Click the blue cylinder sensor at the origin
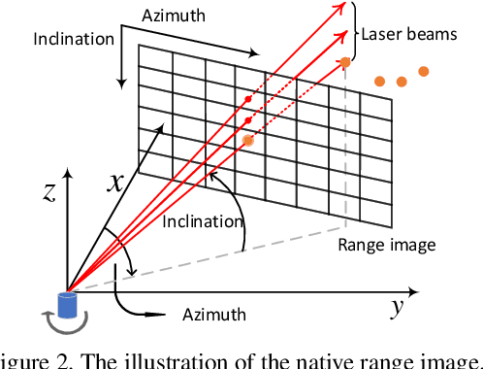coord(67,304)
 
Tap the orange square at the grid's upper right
coord(344,63)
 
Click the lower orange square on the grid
coord(248,141)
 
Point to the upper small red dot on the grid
coord(248,99)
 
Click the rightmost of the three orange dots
coord(424,70)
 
